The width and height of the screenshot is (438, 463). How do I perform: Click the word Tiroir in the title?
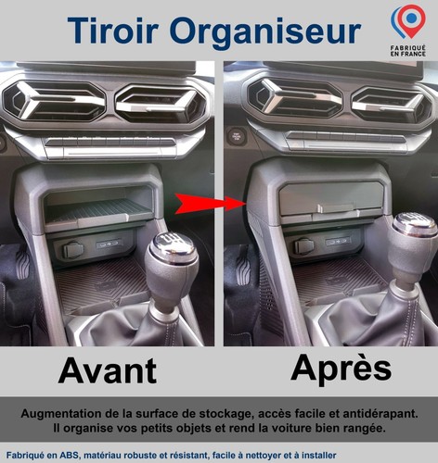113,30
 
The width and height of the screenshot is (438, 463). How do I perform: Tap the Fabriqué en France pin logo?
408,31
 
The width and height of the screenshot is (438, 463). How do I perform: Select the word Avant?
108,370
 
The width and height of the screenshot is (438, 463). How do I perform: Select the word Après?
341,369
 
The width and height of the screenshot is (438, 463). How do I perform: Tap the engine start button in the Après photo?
237,136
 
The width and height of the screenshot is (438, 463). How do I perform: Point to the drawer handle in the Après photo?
336,208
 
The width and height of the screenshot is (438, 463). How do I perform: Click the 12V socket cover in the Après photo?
304,246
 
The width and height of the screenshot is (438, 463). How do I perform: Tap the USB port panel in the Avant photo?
109,244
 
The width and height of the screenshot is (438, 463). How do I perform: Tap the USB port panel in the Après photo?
338,241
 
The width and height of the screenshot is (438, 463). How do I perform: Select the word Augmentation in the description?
60,414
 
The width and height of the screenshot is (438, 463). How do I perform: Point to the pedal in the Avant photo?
22,263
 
